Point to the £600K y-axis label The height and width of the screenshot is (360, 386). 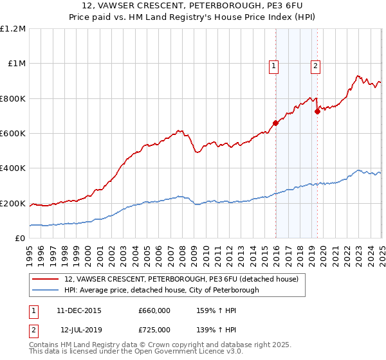[13, 134]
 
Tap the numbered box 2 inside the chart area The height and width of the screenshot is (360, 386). [316, 65]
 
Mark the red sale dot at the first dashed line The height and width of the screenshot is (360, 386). [275, 123]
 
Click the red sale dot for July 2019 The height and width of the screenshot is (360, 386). [317, 111]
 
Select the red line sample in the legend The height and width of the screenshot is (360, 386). [46, 280]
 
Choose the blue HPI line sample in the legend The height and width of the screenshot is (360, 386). [46, 290]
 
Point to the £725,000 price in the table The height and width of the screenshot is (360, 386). [154, 330]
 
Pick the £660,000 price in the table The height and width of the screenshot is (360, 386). [154, 310]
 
